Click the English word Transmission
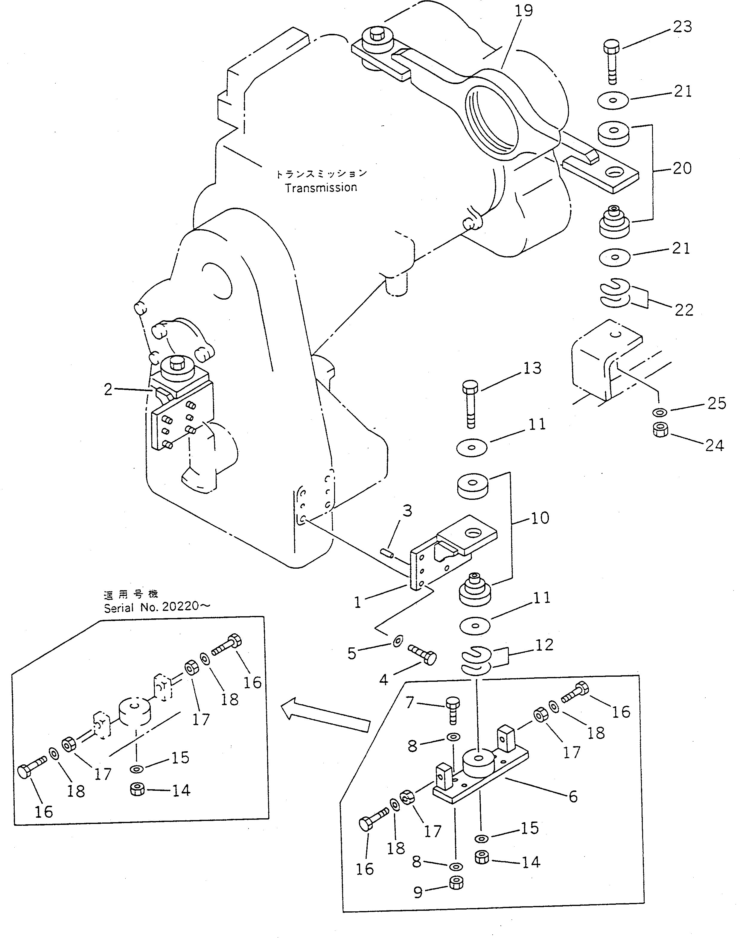pyautogui.click(x=321, y=187)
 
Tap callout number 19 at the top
pyautogui.click(x=523, y=11)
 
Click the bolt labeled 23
pyautogui.click(x=611, y=61)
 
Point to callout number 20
pyautogui.click(x=682, y=168)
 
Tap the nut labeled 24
pyautogui.click(x=660, y=430)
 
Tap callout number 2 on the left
pyautogui.click(x=108, y=389)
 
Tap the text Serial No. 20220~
pyautogui.click(x=156, y=607)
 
